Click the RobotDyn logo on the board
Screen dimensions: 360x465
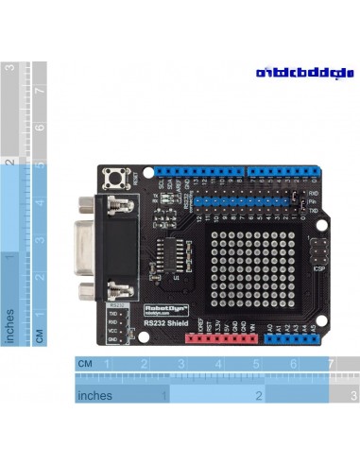coord(167,308)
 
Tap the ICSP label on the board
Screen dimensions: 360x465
coord(318,269)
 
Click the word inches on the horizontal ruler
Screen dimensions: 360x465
coord(95,395)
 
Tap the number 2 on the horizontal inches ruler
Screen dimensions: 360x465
coord(257,396)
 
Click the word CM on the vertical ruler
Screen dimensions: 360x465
coord(39,335)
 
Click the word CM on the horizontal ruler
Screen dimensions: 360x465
coord(85,364)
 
